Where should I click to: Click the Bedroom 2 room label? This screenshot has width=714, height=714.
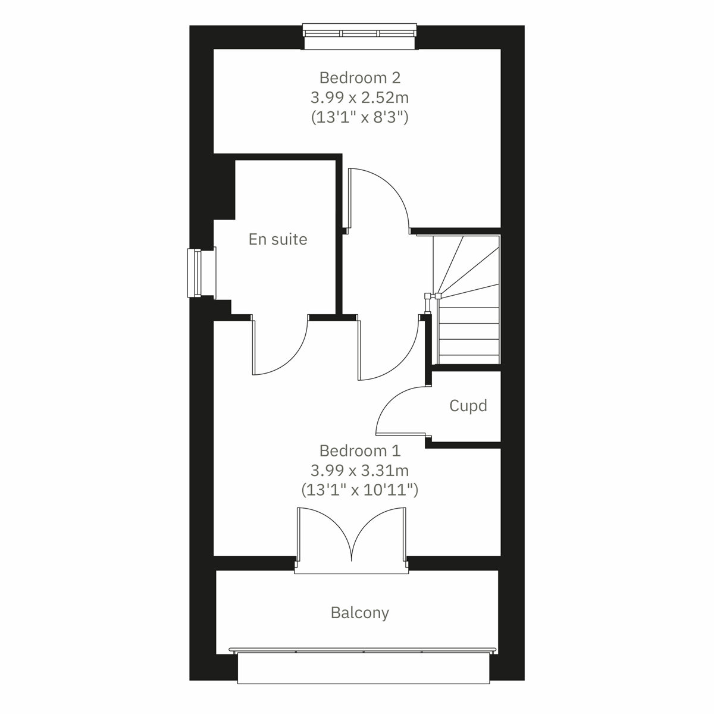[359, 77]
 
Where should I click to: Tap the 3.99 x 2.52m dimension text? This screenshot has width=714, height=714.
[359, 97]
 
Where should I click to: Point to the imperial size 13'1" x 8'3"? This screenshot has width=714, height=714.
[359, 117]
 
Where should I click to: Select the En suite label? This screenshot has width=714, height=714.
[278, 239]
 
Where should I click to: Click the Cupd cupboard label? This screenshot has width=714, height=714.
[468, 406]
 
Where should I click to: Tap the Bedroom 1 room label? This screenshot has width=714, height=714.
[359, 450]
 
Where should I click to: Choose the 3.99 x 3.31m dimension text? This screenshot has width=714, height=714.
[359, 470]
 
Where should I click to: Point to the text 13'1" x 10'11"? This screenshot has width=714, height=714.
[359, 490]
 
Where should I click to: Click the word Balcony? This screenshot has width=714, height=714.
[359, 612]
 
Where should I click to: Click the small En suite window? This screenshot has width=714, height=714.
[195, 273]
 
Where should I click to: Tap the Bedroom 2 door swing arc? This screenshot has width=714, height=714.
[381, 196]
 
